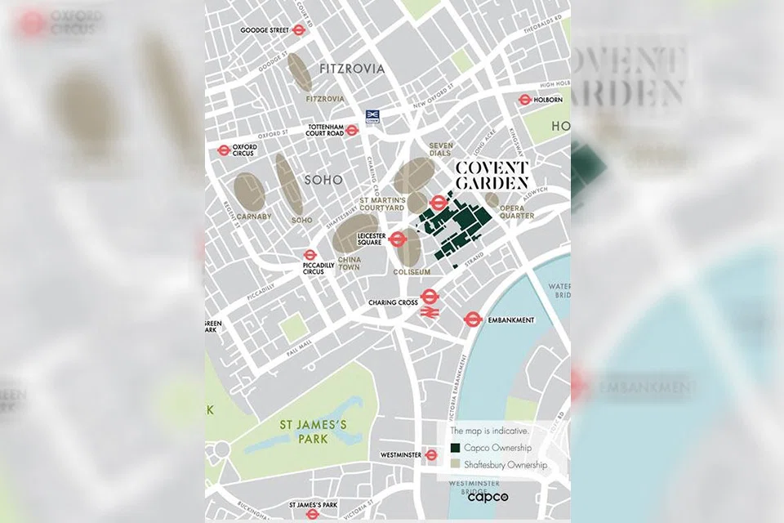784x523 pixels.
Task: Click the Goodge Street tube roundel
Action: (x=299, y=30)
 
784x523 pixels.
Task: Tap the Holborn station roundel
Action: (x=525, y=100)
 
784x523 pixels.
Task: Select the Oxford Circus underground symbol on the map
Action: (x=224, y=151)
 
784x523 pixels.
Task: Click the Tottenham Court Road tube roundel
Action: (x=352, y=130)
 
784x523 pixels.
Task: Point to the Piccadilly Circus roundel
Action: (x=310, y=255)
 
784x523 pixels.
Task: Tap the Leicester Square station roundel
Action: (x=397, y=239)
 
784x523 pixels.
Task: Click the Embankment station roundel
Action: (x=471, y=320)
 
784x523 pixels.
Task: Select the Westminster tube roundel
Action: (x=431, y=454)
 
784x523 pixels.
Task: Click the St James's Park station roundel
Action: (x=312, y=514)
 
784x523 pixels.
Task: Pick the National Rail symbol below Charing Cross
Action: (x=430, y=312)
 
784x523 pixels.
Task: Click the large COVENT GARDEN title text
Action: (x=492, y=176)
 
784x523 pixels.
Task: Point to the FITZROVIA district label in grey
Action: (x=352, y=69)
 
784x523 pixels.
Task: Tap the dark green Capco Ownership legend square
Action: (x=455, y=448)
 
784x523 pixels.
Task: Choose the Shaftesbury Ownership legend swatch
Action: (x=455, y=464)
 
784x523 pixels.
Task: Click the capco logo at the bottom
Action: (x=488, y=496)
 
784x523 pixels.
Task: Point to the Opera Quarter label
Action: (x=518, y=212)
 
